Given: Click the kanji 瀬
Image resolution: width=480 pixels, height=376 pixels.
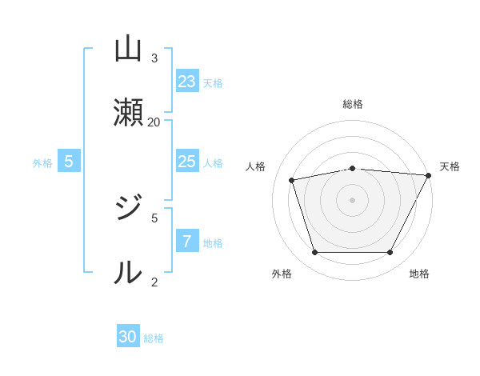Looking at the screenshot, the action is point(128,112).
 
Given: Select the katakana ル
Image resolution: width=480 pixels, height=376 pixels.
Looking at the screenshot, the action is point(128,273).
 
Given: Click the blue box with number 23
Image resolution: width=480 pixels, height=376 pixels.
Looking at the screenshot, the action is point(187,82).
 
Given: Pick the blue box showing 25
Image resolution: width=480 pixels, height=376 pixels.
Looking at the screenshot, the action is point(187,162).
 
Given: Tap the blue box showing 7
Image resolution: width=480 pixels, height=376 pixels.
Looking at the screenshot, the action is point(187,242).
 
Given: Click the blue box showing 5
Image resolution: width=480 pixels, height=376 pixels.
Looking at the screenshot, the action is point(69,162).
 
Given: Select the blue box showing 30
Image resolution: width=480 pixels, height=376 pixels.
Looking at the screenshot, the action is point(128,337).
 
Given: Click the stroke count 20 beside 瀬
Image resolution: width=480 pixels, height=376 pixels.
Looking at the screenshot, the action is point(154,122).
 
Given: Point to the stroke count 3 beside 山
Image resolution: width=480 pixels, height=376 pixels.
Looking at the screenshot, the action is point(154,58).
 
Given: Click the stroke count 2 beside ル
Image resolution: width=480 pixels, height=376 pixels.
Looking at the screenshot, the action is point(154,282).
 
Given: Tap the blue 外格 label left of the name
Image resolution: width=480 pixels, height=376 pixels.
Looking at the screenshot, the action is point(42,163).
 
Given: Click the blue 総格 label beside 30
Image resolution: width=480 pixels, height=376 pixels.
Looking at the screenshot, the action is point(154,338).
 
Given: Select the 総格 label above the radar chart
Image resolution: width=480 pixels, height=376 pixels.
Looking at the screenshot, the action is point(353,104).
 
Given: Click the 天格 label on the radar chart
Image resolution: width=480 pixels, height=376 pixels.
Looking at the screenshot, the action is point(450,166).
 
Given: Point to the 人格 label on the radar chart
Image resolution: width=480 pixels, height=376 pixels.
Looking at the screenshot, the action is point(256,166).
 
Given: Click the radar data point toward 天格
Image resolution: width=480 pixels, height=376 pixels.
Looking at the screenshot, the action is point(429,175).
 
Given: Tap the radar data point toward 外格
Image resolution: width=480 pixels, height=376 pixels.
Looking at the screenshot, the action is point(314,252).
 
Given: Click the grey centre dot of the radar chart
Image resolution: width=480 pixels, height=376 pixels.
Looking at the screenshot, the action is point(353,199).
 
